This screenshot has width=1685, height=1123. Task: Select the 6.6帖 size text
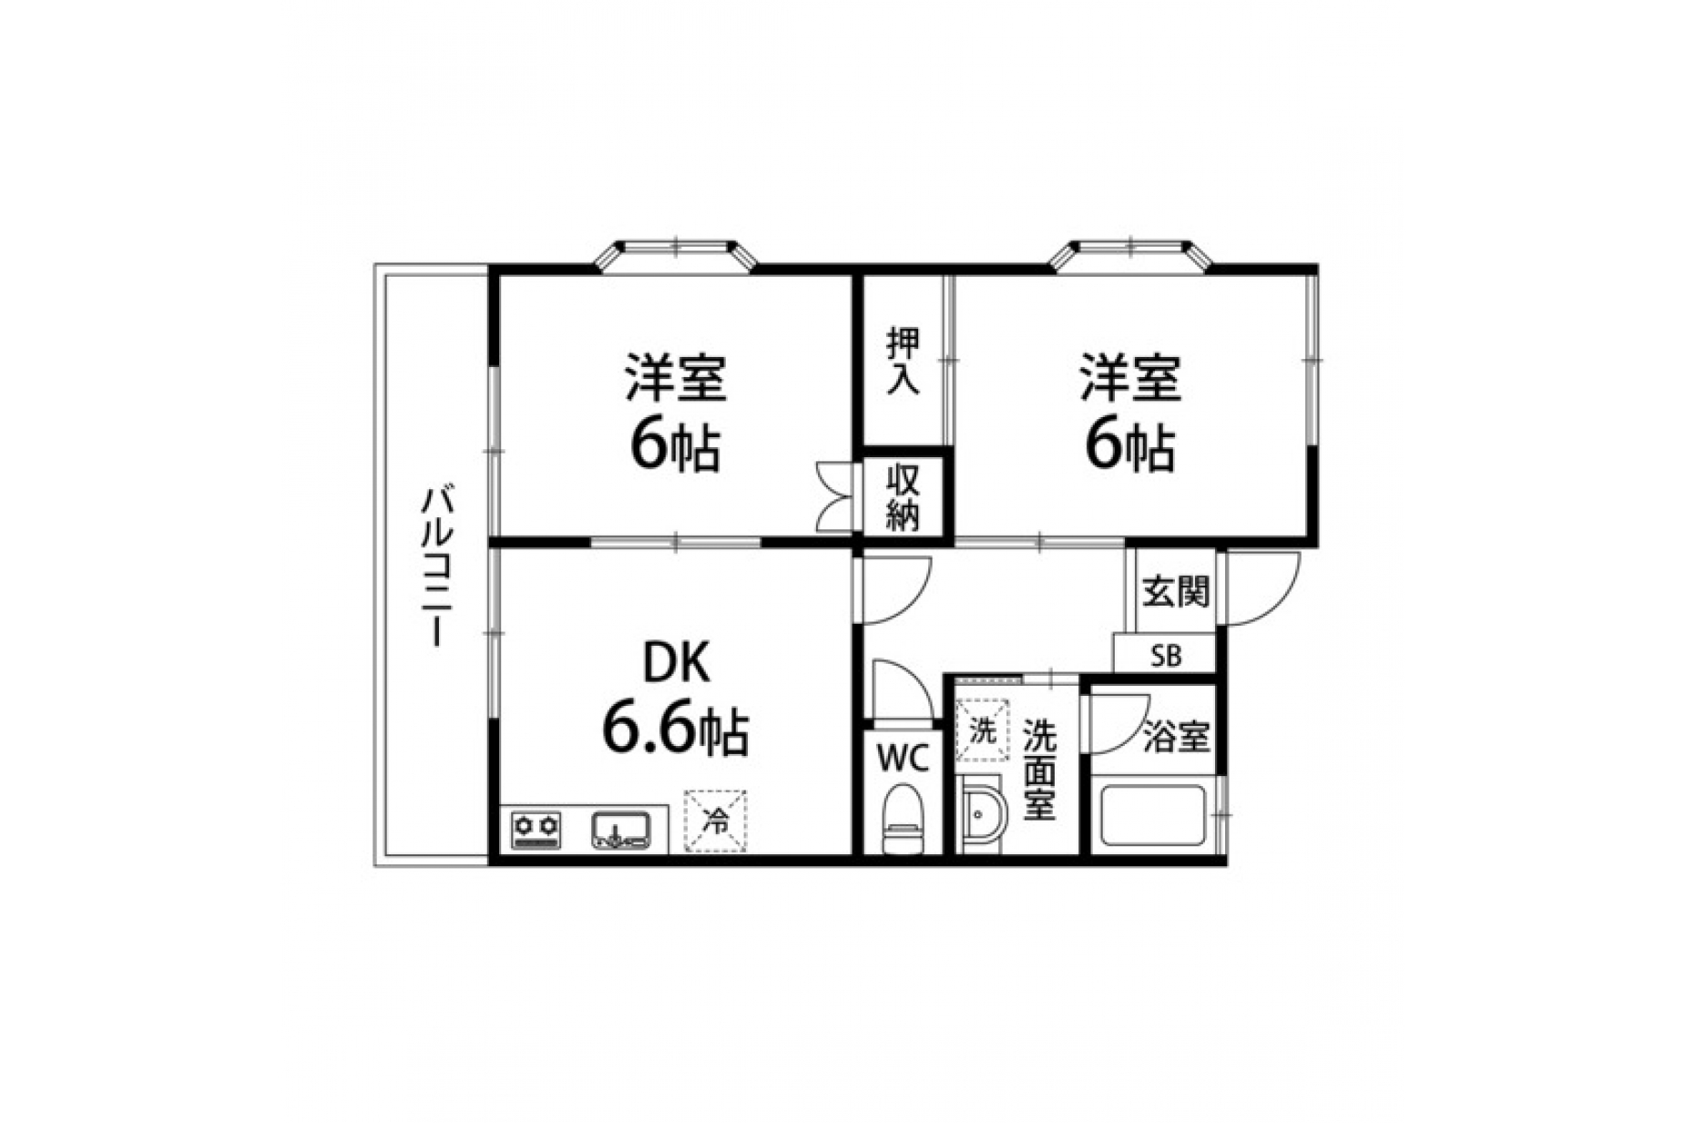pyautogui.click(x=675, y=730)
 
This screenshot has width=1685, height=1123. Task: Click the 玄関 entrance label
pyautogui.click(x=1177, y=592)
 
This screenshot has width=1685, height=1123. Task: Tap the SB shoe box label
pyautogui.click(x=1166, y=656)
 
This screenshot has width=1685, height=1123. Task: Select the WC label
pyautogui.click(x=902, y=757)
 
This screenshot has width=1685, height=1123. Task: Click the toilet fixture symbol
pyautogui.click(x=904, y=821)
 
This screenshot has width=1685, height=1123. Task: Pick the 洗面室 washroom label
pyautogui.click(x=1038, y=771)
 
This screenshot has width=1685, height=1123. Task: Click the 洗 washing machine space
pyautogui.click(x=982, y=730)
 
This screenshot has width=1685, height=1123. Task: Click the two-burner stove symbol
pyautogui.click(x=536, y=830)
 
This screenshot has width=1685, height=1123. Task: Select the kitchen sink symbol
pyautogui.click(x=622, y=830)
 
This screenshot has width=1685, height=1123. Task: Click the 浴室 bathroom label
pyautogui.click(x=1177, y=737)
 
